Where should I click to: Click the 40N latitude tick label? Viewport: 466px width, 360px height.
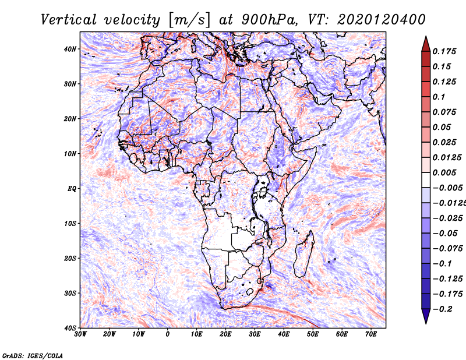pos(69,49)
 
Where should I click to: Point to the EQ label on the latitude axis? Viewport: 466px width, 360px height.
pos(72,189)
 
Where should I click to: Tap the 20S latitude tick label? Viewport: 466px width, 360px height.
pos(69,258)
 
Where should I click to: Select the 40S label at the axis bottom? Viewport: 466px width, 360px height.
pos(69,328)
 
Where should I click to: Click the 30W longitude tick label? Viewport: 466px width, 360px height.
pos(80,334)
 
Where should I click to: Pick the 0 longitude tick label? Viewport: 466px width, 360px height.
pos(168,334)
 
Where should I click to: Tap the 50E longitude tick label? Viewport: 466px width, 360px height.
pos(313,334)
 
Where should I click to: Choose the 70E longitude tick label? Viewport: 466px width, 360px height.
pos(371,334)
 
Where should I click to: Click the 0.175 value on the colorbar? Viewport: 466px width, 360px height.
pos(444,51)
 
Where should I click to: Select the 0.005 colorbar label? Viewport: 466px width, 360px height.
pos(444,172)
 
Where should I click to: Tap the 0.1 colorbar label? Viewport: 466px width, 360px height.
pos(439,97)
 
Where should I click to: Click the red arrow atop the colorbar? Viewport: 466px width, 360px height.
pos(426,45)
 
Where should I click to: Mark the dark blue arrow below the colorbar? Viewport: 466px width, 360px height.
pos(426,315)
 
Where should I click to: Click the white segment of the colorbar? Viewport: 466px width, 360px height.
pos(426,180)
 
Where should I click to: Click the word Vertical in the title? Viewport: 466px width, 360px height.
pos(69,20)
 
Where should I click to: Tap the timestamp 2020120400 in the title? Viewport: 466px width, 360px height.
pos(382,20)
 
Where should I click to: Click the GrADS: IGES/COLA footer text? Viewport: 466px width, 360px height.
pos(33,356)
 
